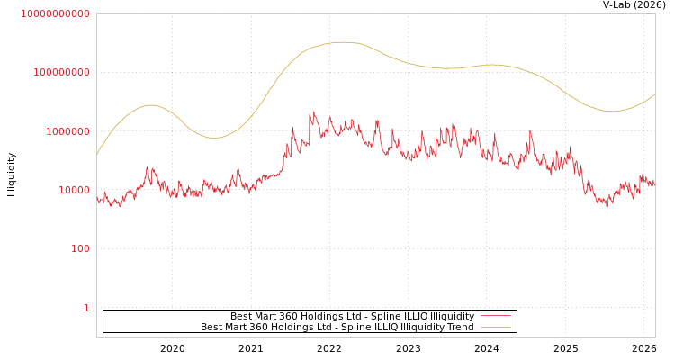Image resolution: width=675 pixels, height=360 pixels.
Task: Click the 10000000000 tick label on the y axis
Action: pyautogui.click(x=55, y=13)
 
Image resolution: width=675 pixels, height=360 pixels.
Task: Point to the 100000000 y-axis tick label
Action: pyautogui.click(x=61, y=72)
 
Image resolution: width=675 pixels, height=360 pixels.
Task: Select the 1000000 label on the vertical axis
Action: pyautogui.click(x=67, y=131)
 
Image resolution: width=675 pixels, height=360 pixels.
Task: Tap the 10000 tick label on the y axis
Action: pyautogui.click(x=72, y=190)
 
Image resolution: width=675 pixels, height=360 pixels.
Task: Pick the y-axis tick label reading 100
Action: pyautogui.click(x=80, y=249)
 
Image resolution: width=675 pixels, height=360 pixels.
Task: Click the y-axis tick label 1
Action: pyautogui.click(x=86, y=308)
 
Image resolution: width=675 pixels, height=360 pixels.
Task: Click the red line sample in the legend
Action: pyautogui.click(x=495, y=316)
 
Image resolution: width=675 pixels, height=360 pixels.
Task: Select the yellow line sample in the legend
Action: pyautogui.click(x=495, y=327)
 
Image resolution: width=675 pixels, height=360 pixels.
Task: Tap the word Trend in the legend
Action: pyautogui.click(x=459, y=327)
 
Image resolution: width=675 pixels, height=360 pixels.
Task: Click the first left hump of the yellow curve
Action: pyautogui.click(x=150, y=105)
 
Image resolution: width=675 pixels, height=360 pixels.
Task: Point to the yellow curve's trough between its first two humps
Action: pyautogui.click(x=213, y=138)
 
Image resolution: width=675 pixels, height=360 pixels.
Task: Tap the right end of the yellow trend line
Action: pyautogui.click(x=654, y=94)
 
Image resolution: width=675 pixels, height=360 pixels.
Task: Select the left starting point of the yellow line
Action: pyautogui.click(x=97, y=154)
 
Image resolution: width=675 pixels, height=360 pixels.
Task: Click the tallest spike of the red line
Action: pyautogui.click(x=313, y=112)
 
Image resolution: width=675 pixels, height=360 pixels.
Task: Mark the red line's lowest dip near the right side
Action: pyautogui.click(x=608, y=206)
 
